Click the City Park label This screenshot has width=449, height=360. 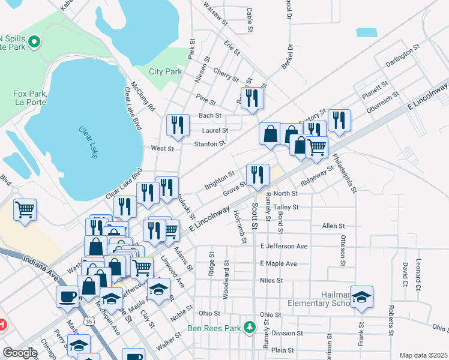click(x=165, y=71)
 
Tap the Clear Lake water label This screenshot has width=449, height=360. click(x=88, y=142)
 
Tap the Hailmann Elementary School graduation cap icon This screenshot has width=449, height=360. click(x=361, y=297)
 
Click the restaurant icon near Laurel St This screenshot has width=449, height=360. click(x=176, y=125)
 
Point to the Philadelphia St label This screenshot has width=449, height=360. click(x=345, y=174)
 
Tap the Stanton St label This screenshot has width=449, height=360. click(x=209, y=143)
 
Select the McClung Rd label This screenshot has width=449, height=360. click(x=143, y=97)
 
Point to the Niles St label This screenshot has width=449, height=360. click(x=271, y=280)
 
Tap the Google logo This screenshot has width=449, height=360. click(x=20, y=353)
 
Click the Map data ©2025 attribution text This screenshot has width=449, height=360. click(x=423, y=355)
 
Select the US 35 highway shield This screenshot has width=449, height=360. click(x=89, y=322)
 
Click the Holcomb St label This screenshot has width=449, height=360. click(x=244, y=230)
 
